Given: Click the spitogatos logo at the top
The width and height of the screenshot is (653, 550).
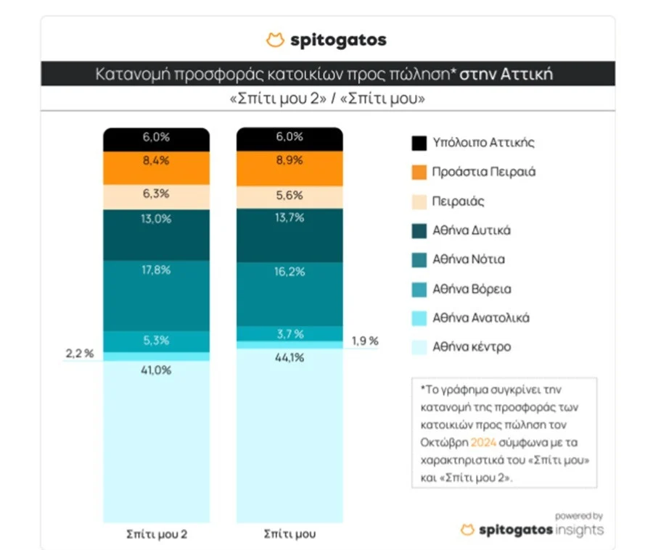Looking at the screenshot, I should (x=326, y=40).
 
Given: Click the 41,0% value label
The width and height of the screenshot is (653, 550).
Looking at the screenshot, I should (x=157, y=369).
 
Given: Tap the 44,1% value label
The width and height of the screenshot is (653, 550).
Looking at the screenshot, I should (x=290, y=357).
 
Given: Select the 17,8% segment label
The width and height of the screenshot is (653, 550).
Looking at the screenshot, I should (x=157, y=269).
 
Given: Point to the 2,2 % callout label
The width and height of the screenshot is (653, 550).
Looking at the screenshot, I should (x=79, y=353).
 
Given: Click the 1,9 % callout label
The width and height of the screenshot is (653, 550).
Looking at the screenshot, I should (x=364, y=341).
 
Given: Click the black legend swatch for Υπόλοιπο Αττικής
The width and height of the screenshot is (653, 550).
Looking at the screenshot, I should (x=419, y=143).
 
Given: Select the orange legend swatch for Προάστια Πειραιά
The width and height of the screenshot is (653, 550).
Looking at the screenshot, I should (x=419, y=172).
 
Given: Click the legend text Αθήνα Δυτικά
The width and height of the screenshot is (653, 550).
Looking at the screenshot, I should (x=472, y=230).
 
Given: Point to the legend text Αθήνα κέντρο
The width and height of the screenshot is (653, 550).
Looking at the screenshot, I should (x=472, y=347).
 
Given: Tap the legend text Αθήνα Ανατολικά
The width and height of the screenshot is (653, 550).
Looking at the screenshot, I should (x=480, y=318).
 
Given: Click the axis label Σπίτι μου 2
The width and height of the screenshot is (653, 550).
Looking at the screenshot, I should (x=157, y=534).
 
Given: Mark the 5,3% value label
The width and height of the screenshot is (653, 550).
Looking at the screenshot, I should (x=157, y=341).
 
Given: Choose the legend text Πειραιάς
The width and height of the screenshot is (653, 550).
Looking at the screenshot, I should (x=459, y=201).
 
